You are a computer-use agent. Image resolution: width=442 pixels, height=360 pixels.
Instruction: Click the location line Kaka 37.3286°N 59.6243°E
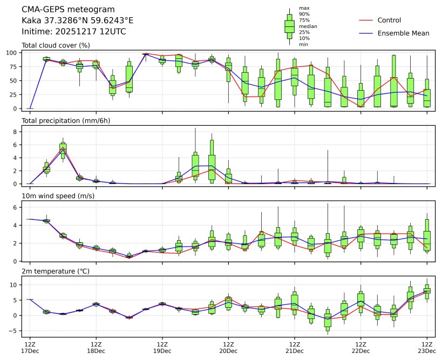point(77,21)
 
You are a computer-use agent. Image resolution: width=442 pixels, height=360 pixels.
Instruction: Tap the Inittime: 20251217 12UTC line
point(74,32)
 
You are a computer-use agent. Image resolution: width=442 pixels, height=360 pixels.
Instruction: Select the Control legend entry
point(389,20)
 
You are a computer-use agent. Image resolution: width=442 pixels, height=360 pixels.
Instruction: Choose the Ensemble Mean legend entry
point(403,33)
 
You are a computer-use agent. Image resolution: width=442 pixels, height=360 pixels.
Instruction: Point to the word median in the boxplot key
point(308,26)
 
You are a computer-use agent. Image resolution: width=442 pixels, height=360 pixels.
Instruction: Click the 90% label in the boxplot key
point(304,14)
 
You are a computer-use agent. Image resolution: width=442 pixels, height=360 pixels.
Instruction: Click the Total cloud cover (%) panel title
point(56,45)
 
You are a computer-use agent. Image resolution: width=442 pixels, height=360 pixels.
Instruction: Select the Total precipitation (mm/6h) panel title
point(66,120)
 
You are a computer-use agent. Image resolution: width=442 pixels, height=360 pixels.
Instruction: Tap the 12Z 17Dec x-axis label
point(30,347)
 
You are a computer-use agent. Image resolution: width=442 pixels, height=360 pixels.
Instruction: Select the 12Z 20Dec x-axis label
point(228,347)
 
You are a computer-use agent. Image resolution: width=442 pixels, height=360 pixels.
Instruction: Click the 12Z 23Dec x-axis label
point(427,347)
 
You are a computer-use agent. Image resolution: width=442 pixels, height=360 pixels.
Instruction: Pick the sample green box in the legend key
point(289,25)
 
